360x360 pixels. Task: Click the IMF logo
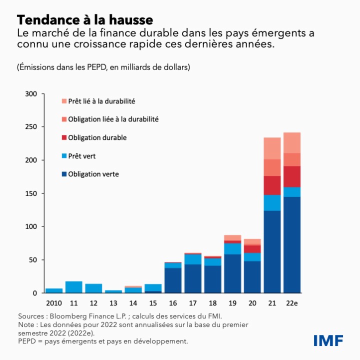pos(328,340)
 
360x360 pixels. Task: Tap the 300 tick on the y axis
pos(31,94)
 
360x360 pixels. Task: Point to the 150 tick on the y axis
pos(31,193)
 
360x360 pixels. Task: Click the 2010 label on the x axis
pos(54,303)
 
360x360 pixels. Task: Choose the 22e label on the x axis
pos(292,303)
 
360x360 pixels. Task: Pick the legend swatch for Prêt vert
pos(64,156)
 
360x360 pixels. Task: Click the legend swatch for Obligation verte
pos(64,174)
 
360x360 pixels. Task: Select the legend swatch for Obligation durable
pos(64,137)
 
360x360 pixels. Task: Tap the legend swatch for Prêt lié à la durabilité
pos(64,101)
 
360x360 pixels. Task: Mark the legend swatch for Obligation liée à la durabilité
pos(64,119)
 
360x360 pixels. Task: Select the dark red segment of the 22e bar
pos(292,176)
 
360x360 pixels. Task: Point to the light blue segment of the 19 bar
pos(232,248)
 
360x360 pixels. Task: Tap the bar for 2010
pos(54,290)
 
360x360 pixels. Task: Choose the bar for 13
pos(113,291)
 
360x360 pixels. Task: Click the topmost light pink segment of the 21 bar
pos(272,148)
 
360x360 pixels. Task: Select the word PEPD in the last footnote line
pos(27,341)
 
